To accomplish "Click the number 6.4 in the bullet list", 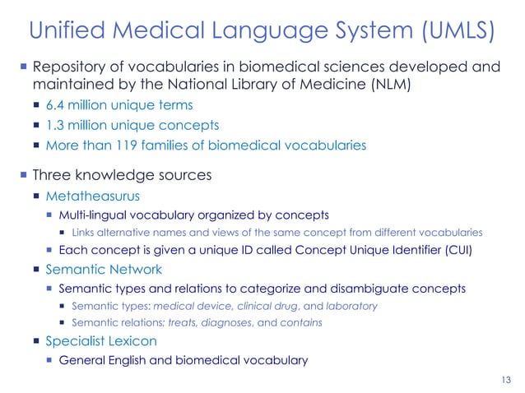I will click(55, 105).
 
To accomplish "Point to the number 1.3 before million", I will click(54, 126).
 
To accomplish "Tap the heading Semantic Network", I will click(104, 269).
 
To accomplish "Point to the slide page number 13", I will click(506, 378).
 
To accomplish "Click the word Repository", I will click(69, 66).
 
